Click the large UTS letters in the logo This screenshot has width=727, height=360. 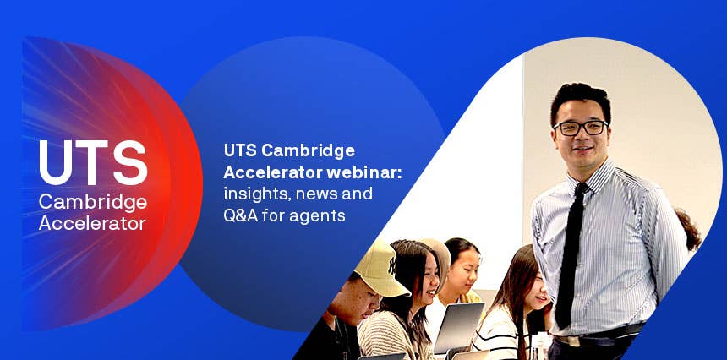point(93,162)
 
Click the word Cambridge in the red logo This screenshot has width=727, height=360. point(93,203)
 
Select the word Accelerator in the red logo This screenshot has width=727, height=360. point(92,223)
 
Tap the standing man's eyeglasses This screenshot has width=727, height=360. point(580,128)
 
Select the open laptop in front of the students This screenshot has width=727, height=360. point(458,328)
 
